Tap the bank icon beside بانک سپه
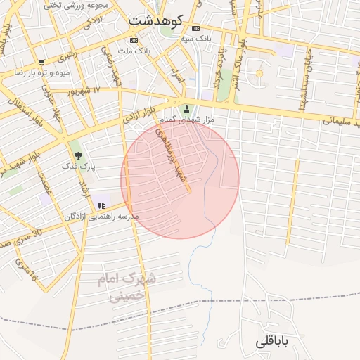point(195,28)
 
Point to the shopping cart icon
point(41,63)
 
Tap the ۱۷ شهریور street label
point(84,91)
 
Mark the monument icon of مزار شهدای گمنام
point(186,109)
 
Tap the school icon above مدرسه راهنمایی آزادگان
point(102,205)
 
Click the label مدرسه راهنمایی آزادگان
point(102,216)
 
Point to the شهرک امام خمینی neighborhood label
point(127,288)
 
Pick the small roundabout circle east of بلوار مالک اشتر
point(259,73)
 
